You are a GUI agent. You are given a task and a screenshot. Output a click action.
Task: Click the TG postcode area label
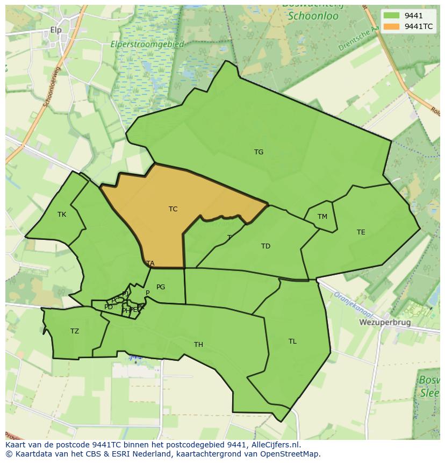click(x=259, y=152)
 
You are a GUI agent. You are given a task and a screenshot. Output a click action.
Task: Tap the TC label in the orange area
click(x=173, y=209)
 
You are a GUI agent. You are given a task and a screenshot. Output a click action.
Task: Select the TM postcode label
click(x=322, y=217)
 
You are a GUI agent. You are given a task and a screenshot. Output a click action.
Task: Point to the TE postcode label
click(x=361, y=232)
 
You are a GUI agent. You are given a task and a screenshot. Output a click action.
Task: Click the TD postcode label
click(x=265, y=246)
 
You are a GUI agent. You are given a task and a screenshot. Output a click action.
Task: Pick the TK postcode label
click(x=62, y=215)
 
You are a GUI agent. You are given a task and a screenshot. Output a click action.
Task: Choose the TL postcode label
click(x=292, y=341)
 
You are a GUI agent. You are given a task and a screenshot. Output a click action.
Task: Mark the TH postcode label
click(x=198, y=345)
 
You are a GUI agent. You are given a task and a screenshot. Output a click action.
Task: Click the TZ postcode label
click(x=75, y=331)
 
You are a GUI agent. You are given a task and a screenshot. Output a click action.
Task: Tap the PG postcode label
click(x=161, y=287)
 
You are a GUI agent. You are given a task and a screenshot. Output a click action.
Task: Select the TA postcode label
click(x=150, y=263)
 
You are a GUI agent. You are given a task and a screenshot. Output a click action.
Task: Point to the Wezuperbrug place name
click(x=384, y=323)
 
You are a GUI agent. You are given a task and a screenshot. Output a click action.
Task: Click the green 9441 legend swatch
click(x=392, y=16)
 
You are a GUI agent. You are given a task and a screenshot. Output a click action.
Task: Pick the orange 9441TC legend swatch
click(x=392, y=26)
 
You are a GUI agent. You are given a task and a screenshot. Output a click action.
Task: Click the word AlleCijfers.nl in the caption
click(x=270, y=445)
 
